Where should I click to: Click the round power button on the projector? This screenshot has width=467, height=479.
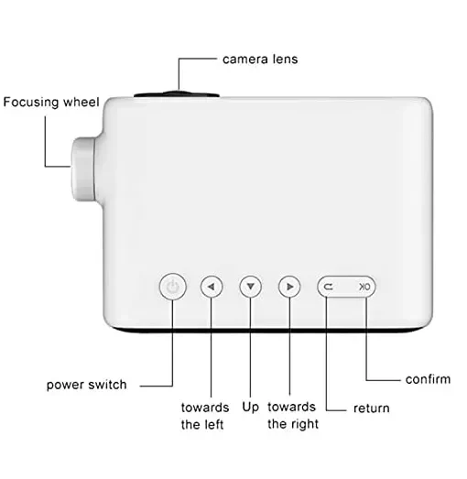[x=172, y=287]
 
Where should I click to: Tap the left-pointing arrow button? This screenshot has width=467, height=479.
[x=212, y=287]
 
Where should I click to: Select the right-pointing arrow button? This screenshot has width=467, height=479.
[x=289, y=287]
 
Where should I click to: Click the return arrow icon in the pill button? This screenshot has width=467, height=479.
[x=329, y=287]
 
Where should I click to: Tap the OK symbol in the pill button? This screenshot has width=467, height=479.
[x=364, y=287]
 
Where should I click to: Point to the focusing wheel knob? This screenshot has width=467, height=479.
[x=83, y=169]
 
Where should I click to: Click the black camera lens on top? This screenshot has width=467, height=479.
[x=177, y=93]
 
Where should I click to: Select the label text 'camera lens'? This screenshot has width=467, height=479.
[x=260, y=60]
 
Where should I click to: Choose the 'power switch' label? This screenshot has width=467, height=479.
[x=86, y=385]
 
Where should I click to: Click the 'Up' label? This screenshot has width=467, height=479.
[x=251, y=408]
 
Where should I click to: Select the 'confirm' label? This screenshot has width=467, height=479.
[x=428, y=379]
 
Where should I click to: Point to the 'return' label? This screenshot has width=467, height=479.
[x=372, y=408]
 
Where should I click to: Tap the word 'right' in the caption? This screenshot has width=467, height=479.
[x=304, y=424]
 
